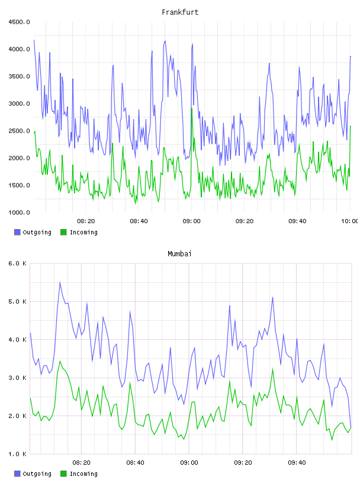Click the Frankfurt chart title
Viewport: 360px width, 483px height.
tap(180, 12)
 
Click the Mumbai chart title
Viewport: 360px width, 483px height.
tap(179, 254)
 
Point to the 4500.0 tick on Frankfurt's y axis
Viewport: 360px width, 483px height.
tap(19, 22)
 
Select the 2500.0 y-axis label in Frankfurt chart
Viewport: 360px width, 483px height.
tap(19, 131)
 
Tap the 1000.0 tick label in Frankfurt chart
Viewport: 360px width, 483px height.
tap(19, 212)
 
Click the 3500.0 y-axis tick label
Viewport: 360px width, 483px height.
tap(19, 76)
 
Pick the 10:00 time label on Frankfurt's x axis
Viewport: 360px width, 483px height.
tap(349, 221)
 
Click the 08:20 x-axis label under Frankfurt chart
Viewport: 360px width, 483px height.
tap(86, 221)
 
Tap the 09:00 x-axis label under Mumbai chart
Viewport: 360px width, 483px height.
tap(189, 463)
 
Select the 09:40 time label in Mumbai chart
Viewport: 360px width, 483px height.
tap(297, 463)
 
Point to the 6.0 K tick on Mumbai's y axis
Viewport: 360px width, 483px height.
tap(17, 263)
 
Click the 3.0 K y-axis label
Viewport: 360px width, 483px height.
tap(17, 378)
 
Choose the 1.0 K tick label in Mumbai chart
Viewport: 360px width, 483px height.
tap(17, 454)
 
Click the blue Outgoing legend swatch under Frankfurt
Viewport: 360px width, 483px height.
tap(17, 232)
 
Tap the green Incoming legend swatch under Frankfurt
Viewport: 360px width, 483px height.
tap(63, 232)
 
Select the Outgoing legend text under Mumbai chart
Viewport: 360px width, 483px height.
tap(37, 474)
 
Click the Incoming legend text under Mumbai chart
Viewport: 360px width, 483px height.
tap(83, 474)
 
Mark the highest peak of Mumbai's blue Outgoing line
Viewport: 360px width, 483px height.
tap(60, 282)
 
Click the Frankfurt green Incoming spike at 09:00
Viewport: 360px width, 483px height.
tap(192, 108)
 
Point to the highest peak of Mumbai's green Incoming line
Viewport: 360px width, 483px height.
tap(60, 361)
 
